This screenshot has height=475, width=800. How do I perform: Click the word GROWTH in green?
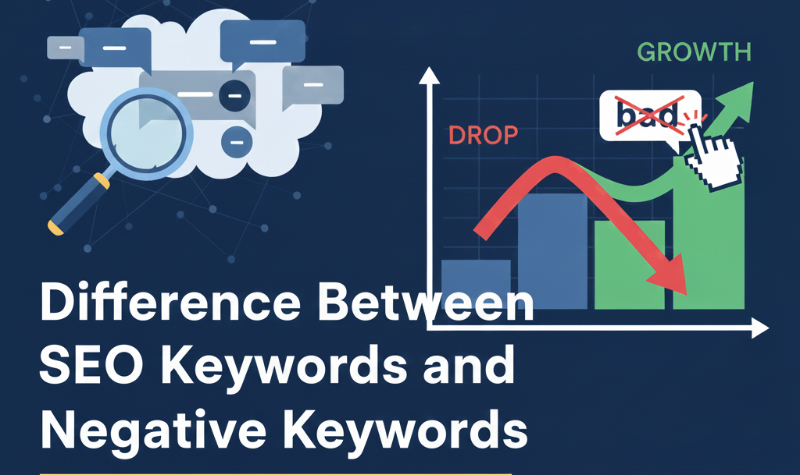pos(694,52)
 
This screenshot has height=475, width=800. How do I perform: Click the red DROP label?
pos(483,135)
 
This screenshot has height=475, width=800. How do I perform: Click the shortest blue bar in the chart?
pos(476,285)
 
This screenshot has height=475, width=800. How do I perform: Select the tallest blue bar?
pos(552,250)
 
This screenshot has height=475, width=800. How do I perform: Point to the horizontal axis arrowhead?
pos(760,329)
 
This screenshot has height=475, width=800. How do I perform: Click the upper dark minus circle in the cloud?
pos(234,96)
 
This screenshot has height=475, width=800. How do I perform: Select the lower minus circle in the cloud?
pos(237,140)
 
